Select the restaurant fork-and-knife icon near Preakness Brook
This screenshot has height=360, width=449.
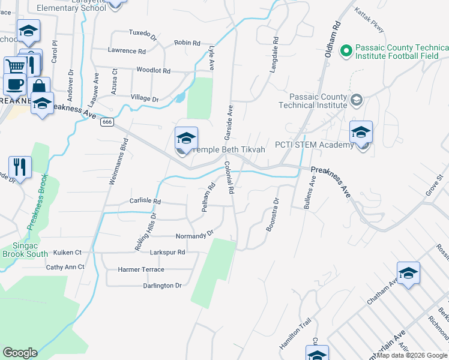20,167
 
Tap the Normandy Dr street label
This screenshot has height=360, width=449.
194,235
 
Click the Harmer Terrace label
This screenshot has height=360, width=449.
141,270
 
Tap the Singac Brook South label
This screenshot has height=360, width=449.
25,250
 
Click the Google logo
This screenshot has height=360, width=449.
20,353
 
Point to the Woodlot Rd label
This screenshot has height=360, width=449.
153,71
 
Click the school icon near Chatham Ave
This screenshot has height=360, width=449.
408,274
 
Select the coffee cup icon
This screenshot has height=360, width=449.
14,83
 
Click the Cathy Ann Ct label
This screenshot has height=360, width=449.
65,267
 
